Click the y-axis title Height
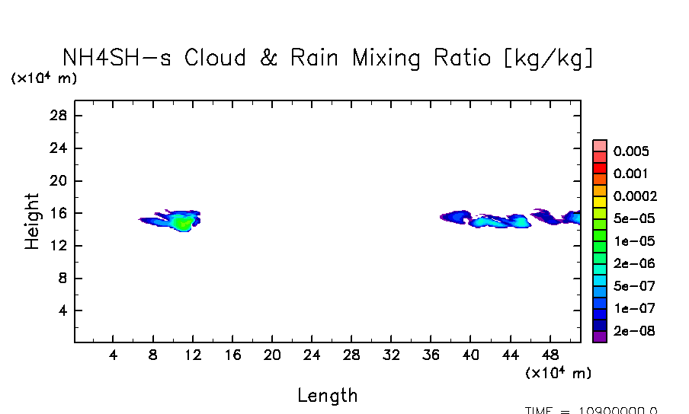pyautogui.click(x=32, y=221)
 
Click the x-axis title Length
pyautogui.click(x=327, y=396)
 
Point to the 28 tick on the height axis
pyautogui.click(x=60, y=116)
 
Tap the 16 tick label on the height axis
pyautogui.click(x=60, y=214)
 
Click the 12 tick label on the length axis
pyautogui.click(x=192, y=355)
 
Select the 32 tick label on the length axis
pyautogui.click(x=390, y=355)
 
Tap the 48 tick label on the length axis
pyautogui.click(x=549, y=355)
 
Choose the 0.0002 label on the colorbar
pyautogui.click(x=635, y=196)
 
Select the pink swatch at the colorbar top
pyautogui.click(x=600, y=145)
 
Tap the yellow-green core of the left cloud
pyautogui.click(x=181, y=222)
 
